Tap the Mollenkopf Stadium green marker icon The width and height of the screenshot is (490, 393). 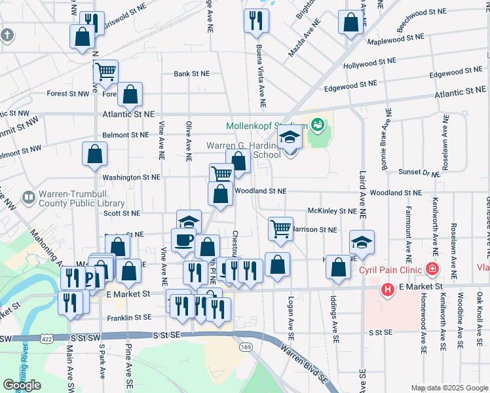tap(318, 124)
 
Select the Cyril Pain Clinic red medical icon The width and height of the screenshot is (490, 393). tap(432, 269)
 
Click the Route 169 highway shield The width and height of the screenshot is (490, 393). tap(246, 346)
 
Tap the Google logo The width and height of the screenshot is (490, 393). tap(22, 384)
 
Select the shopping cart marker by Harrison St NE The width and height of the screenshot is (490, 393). tap(280, 229)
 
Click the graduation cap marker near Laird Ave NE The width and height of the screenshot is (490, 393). tap(362, 242)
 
